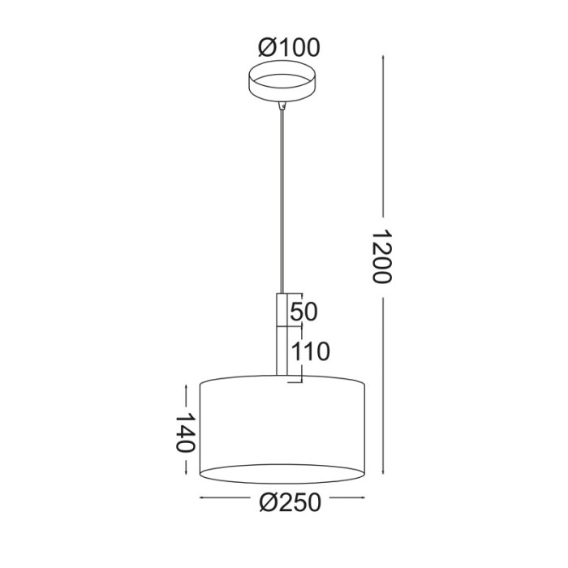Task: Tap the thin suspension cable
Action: pyautogui.click(x=282, y=203)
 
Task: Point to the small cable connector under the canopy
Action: pyautogui.click(x=282, y=105)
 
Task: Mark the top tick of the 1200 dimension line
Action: pyautogui.click(x=382, y=56)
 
